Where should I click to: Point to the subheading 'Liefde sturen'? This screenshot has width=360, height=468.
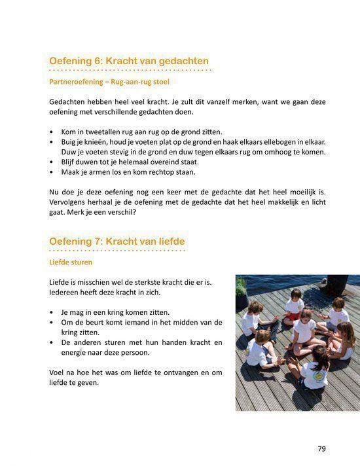click(x=71, y=262)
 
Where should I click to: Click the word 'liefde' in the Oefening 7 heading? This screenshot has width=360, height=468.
click(x=170, y=242)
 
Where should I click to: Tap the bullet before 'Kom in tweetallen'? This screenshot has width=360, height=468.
click(x=52, y=131)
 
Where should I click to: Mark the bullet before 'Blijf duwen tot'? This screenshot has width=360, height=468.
click(x=52, y=162)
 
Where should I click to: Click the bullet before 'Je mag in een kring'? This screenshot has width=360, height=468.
click(x=52, y=312)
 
